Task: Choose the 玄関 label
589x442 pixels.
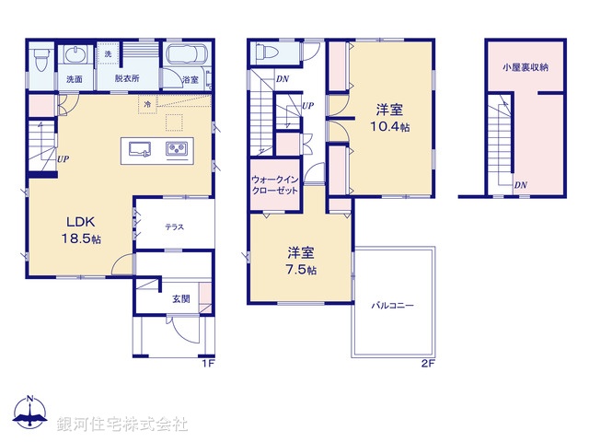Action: [179, 298]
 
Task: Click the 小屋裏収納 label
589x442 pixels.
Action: [525, 67]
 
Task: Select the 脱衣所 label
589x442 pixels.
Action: [127, 79]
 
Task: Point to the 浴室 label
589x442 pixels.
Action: [191, 80]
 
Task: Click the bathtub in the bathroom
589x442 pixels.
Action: [189, 54]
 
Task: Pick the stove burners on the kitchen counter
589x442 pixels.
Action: [177, 149]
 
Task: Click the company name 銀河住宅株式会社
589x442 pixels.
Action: [122, 425]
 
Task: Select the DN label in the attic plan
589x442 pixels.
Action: [521, 185]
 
